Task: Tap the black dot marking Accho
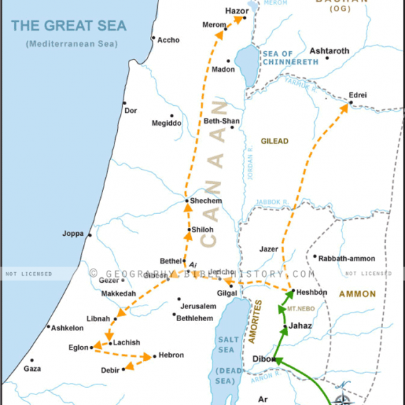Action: pos(153,38)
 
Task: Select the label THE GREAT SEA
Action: pos(69,27)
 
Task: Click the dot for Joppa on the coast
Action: pos(90,234)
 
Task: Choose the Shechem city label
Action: pos(206,201)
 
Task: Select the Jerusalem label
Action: pos(198,306)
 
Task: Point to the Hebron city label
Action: pos(172,355)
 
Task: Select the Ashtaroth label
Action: pos(330,51)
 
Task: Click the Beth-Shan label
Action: pos(222,121)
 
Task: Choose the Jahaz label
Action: pos(301,326)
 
